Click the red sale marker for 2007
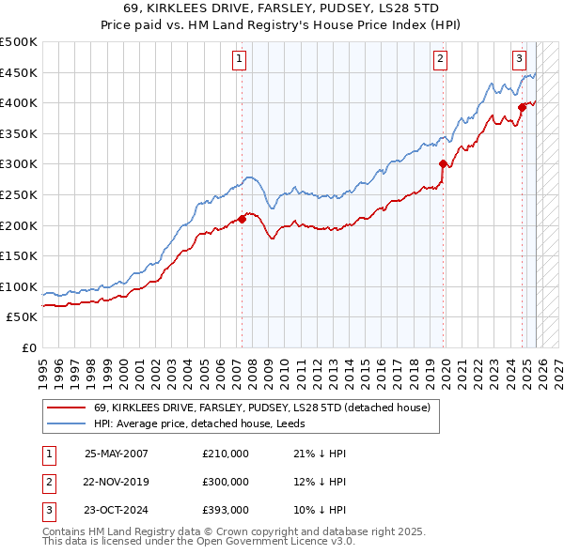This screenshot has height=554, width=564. [242, 219]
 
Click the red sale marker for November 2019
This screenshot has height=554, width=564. [443, 163]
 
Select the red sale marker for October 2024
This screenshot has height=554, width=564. [522, 107]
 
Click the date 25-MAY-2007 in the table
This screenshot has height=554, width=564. [116, 454]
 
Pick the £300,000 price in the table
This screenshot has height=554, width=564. [226, 482]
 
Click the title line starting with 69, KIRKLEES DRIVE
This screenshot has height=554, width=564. [282, 8]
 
